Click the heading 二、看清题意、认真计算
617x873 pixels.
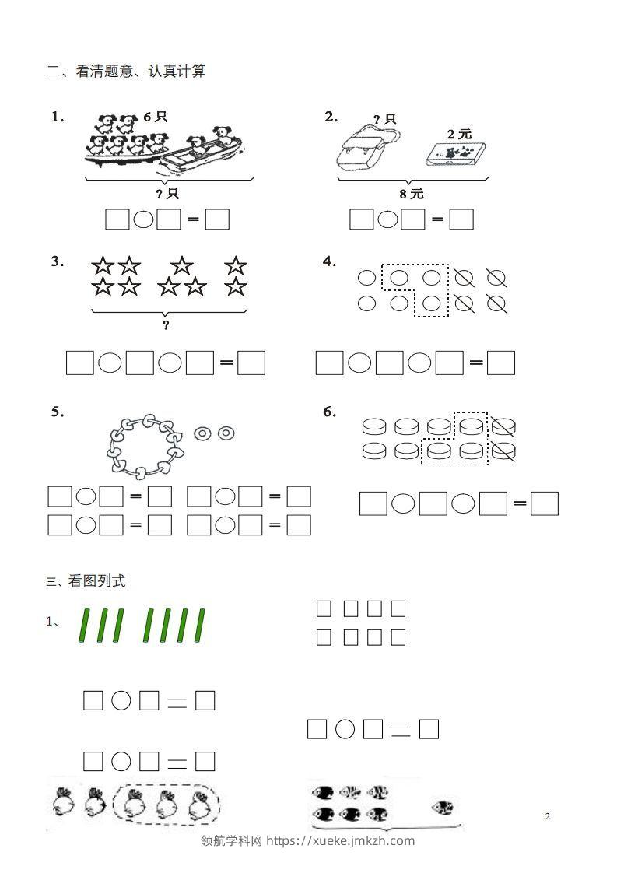pyautogui.click(x=126, y=72)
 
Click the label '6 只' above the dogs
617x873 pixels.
pyautogui.click(x=155, y=117)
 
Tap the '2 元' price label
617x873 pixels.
pyautogui.click(x=459, y=134)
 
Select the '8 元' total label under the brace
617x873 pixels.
pyautogui.click(x=412, y=194)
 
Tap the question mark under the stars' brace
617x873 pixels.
pyautogui.click(x=166, y=325)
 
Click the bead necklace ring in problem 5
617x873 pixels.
pyautogui.click(x=145, y=446)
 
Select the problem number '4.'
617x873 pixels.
pyautogui.click(x=330, y=261)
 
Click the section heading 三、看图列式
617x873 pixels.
pyautogui.click(x=86, y=580)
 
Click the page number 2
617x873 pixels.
pyautogui.click(x=547, y=816)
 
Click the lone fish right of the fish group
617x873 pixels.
pyautogui.click(x=443, y=807)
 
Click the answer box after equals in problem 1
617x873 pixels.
pyautogui.click(x=217, y=220)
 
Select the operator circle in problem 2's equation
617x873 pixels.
pyautogui.click(x=387, y=220)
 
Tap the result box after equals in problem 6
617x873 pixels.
pyautogui.click(x=545, y=504)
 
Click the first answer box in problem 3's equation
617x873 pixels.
pyautogui.click(x=80, y=363)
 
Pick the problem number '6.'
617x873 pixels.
pyautogui.click(x=330, y=412)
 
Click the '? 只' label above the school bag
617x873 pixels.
pyautogui.click(x=384, y=119)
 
